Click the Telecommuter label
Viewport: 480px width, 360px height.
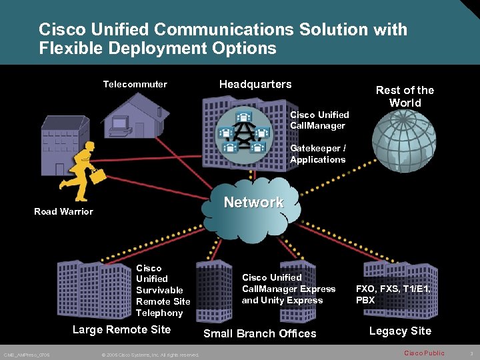tap(135, 85)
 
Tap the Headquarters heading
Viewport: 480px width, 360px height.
tap(255, 84)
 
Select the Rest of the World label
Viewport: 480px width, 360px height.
tap(405, 96)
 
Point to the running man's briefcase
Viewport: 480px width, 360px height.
tap(99, 176)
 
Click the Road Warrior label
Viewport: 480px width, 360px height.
tap(63, 211)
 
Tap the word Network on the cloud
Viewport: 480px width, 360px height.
tap(253, 202)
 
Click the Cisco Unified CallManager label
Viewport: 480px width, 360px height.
tap(319, 120)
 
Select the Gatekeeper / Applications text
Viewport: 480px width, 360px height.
tap(318, 153)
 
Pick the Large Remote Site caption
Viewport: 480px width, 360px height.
tap(121, 329)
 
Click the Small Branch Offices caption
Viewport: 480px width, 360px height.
tap(259, 333)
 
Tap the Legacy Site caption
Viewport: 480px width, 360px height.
tap(400, 331)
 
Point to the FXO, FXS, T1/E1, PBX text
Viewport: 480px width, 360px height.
tap(393, 294)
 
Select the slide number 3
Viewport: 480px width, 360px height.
tap(471, 353)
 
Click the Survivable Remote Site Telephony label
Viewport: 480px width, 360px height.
tap(163, 290)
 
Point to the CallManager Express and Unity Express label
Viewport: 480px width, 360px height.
tap(288, 289)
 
